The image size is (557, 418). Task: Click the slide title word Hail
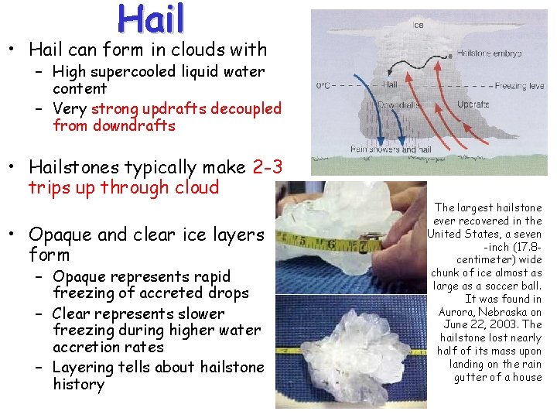pyautogui.click(x=152, y=19)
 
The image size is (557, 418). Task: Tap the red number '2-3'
pyautogui.click(x=268, y=166)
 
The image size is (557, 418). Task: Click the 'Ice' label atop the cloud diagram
pyautogui.click(x=418, y=25)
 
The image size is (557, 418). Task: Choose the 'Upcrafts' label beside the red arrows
pyautogui.click(x=473, y=104)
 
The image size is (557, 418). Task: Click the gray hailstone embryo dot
pyautogui.click(x=449, y=56)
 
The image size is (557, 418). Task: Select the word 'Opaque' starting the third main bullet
pyautogui.click(x=56, y=235)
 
